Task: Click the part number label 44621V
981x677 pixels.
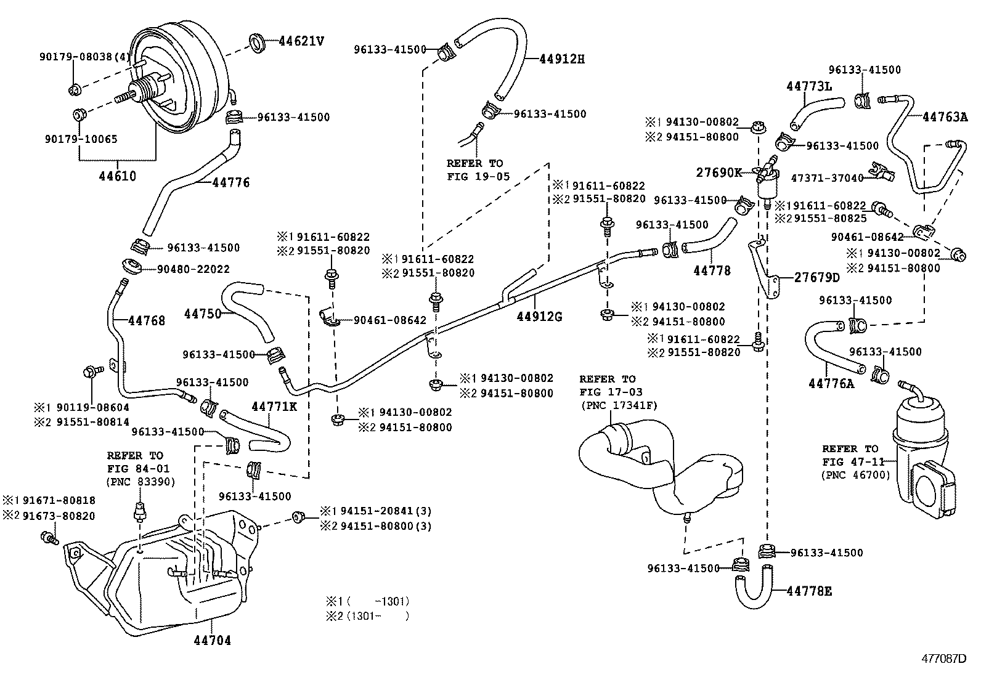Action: click(301, 42)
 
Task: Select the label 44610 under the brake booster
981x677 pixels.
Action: click(117, 176)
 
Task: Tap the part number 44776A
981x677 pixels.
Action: click(831, 384)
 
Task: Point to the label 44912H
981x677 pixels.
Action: click(561, 59)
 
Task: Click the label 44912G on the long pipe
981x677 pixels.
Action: click(539, 317)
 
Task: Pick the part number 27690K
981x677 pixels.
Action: click(719, 173)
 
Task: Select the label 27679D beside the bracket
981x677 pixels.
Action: click(816, 278)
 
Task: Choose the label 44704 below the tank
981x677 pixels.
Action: click(211, 641)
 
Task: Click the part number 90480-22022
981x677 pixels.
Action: click(193, 269)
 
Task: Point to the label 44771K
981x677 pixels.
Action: click(274, 407)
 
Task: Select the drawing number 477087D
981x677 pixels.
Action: click(944, 659)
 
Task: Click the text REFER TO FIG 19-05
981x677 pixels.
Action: click(474, 170)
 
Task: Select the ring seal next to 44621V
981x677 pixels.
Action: click(258, 43)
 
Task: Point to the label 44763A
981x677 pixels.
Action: click(945, 116)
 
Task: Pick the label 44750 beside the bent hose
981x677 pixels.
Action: click(202, 314)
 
